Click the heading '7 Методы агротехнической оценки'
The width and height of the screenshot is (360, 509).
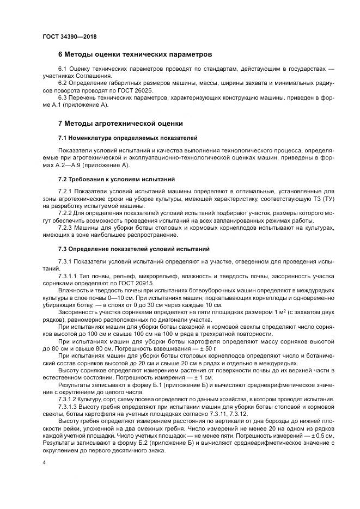tap(120, 123)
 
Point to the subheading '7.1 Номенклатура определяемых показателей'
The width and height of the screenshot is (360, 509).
tap(128, 138)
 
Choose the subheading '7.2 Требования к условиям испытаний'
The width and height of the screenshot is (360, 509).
tap(117, 179)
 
